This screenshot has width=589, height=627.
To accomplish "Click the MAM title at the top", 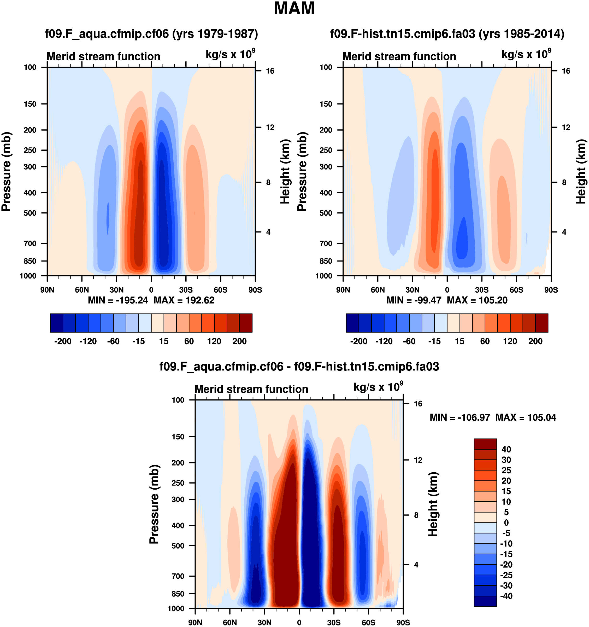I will [294, 9].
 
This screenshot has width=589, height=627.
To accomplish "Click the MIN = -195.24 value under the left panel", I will [118, 300].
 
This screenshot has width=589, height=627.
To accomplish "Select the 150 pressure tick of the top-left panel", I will [30, 104].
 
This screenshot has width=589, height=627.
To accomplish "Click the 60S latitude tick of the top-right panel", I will [516, 289].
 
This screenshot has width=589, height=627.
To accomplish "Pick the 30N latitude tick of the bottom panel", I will [264, 622].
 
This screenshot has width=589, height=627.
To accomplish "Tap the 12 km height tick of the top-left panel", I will [270, 127].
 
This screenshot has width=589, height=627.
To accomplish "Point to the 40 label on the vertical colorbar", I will [506, 449].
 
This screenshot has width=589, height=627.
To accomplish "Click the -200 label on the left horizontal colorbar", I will [63, 341].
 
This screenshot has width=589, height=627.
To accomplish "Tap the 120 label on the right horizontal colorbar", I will [510, 341].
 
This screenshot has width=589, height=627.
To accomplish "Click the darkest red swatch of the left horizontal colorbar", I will [246, 323].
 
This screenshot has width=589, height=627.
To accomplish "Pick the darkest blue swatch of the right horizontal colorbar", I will [352, 323].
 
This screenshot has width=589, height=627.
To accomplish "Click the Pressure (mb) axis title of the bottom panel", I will [154, 504].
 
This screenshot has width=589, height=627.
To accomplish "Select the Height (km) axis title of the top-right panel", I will [581, 171].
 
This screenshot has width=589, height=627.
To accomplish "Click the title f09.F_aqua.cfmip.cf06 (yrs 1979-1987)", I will [151, 33].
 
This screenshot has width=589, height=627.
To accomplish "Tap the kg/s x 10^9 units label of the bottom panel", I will [378, 387].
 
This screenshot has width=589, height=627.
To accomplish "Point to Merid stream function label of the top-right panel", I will [399, 56].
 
